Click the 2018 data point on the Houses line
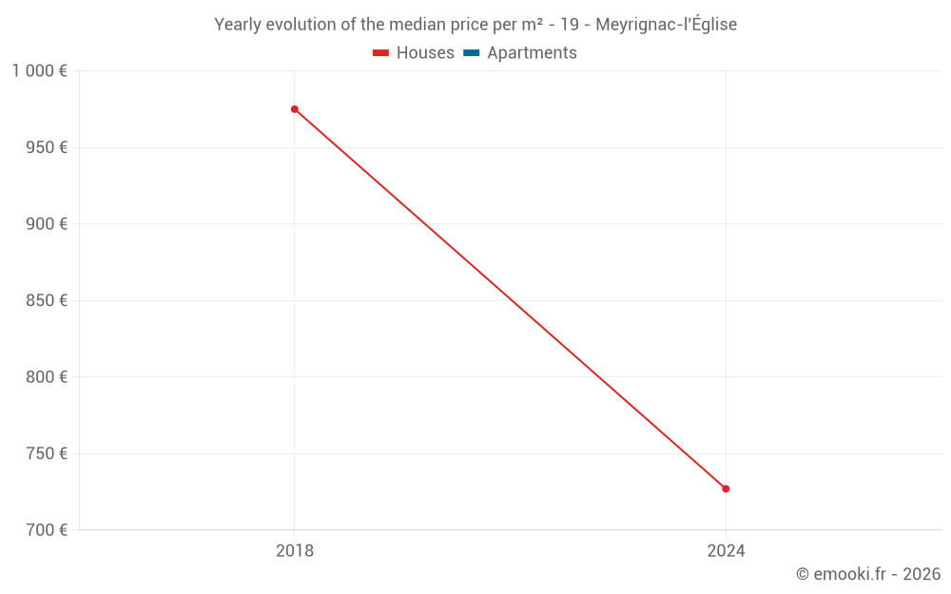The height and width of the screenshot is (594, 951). point(295,109)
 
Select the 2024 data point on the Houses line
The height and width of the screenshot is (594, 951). point(726,489)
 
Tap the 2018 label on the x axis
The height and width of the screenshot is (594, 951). point(295,550)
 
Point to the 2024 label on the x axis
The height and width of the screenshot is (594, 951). point(726,550)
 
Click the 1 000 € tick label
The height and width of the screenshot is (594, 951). point(40,71)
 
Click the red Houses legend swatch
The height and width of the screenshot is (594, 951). point(380,53)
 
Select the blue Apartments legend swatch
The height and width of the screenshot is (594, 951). point(471,53)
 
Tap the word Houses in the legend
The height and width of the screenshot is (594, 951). point(425,53)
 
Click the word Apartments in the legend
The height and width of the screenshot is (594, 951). point(532,53)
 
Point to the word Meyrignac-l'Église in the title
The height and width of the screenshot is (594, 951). point(666,25)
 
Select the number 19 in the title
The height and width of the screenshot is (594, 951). point(570,25)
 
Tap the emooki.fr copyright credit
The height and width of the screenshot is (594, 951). point(868,574)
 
